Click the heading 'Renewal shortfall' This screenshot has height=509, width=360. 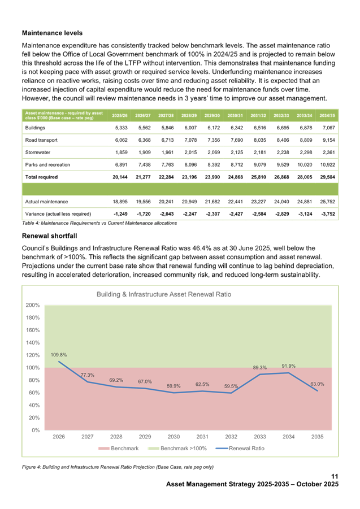[49, 236]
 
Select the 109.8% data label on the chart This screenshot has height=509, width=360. [59, 355]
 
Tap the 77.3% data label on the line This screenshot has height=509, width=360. [87, 375]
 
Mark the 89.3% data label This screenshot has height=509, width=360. [259, 368]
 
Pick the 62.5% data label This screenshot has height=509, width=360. [202, 384]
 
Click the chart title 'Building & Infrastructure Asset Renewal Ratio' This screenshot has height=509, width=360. [164, 295]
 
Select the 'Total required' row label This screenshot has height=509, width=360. [42, 177]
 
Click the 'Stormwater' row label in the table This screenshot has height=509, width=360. [37, 153]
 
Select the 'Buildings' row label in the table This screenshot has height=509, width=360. [35, 128]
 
